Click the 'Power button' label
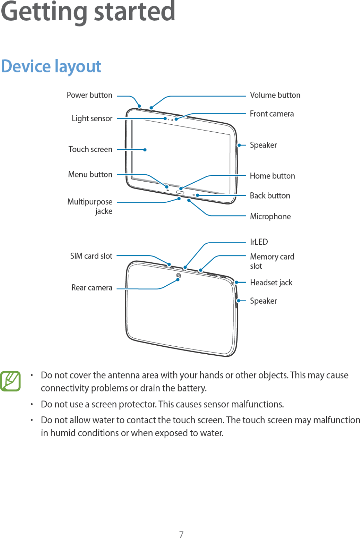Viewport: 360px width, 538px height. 89,95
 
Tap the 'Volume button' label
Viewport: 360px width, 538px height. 275,95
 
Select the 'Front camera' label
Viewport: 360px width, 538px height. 272,114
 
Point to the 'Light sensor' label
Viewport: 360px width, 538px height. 92,119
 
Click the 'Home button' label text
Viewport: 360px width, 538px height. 272,176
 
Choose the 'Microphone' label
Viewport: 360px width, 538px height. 270,216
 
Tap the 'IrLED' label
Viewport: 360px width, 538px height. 259,242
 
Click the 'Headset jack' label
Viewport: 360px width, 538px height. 271,283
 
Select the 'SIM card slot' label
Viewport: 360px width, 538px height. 91,256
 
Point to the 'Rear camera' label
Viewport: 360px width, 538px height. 92,288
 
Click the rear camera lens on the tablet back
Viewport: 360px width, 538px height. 178,275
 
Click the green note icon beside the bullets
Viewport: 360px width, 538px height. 10,381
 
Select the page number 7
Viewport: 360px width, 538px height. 181,534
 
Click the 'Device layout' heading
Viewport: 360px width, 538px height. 51,66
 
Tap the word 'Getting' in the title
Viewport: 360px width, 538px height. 44,12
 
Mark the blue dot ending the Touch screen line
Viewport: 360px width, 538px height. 145,150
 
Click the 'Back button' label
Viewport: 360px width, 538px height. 270,196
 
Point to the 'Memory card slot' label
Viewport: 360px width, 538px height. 272,261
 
